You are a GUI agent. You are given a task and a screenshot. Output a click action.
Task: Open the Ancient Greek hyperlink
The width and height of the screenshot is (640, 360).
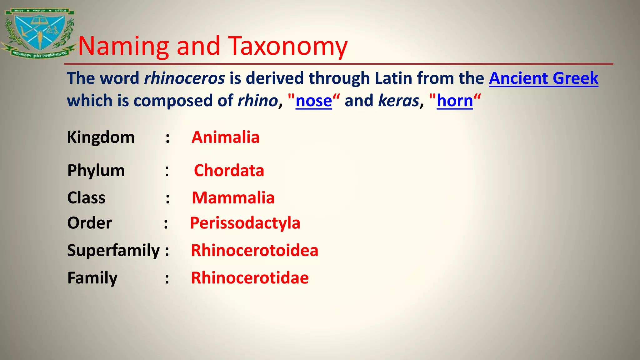543,78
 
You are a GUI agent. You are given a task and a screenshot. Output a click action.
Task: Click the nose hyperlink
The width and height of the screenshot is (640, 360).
313,101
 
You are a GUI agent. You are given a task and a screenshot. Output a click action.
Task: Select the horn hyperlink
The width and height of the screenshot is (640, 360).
455,101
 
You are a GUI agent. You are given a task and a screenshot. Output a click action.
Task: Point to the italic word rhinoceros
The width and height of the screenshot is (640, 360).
184,78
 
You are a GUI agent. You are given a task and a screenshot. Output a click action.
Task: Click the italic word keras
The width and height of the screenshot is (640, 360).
398,101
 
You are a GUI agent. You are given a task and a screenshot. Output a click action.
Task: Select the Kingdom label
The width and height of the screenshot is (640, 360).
101,137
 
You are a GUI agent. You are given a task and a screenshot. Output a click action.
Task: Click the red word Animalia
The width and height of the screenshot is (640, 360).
225,137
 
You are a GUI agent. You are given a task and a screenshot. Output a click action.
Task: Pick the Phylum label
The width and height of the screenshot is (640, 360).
96,171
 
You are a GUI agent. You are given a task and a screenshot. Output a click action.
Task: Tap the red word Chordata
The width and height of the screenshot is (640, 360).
229,171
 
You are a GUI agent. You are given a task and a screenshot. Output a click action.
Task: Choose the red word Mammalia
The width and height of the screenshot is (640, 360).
233,198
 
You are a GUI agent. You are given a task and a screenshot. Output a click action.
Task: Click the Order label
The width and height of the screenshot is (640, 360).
89,223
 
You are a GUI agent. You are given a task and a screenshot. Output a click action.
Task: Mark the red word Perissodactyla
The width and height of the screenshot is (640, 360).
245,223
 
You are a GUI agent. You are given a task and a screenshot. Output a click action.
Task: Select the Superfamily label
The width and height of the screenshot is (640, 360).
113,250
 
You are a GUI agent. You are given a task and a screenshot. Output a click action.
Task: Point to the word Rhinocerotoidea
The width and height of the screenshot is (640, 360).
254,250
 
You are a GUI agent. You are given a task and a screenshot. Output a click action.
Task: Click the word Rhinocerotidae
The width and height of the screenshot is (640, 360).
250,278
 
